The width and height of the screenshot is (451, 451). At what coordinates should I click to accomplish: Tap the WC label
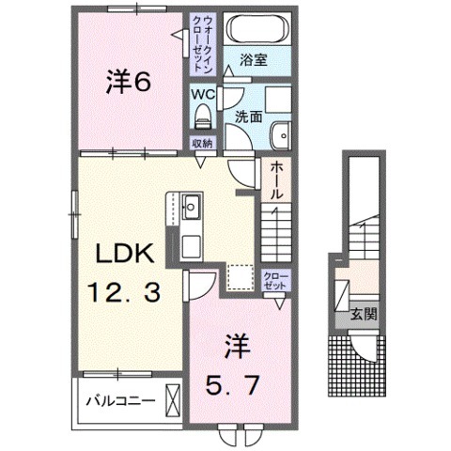point(202,95)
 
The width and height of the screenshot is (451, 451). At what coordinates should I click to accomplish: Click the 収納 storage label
point(202,143)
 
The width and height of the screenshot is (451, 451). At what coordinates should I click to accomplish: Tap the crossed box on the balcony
point(173,400)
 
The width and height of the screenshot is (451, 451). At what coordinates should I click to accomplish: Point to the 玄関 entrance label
point(365,316)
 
